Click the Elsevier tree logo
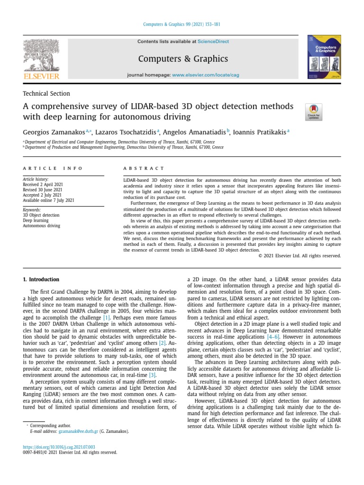pyautogui.click(x=41, y=55)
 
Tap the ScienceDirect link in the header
pyautogui.click(x=213, y=42)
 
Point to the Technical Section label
pyautogui.click(x=46, y=94)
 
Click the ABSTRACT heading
pyautogui.click(x=144, y=168)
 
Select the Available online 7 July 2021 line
pyautogui.click(x=48, y=200)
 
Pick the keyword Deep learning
pyautogui.click(x=36, y=220)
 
